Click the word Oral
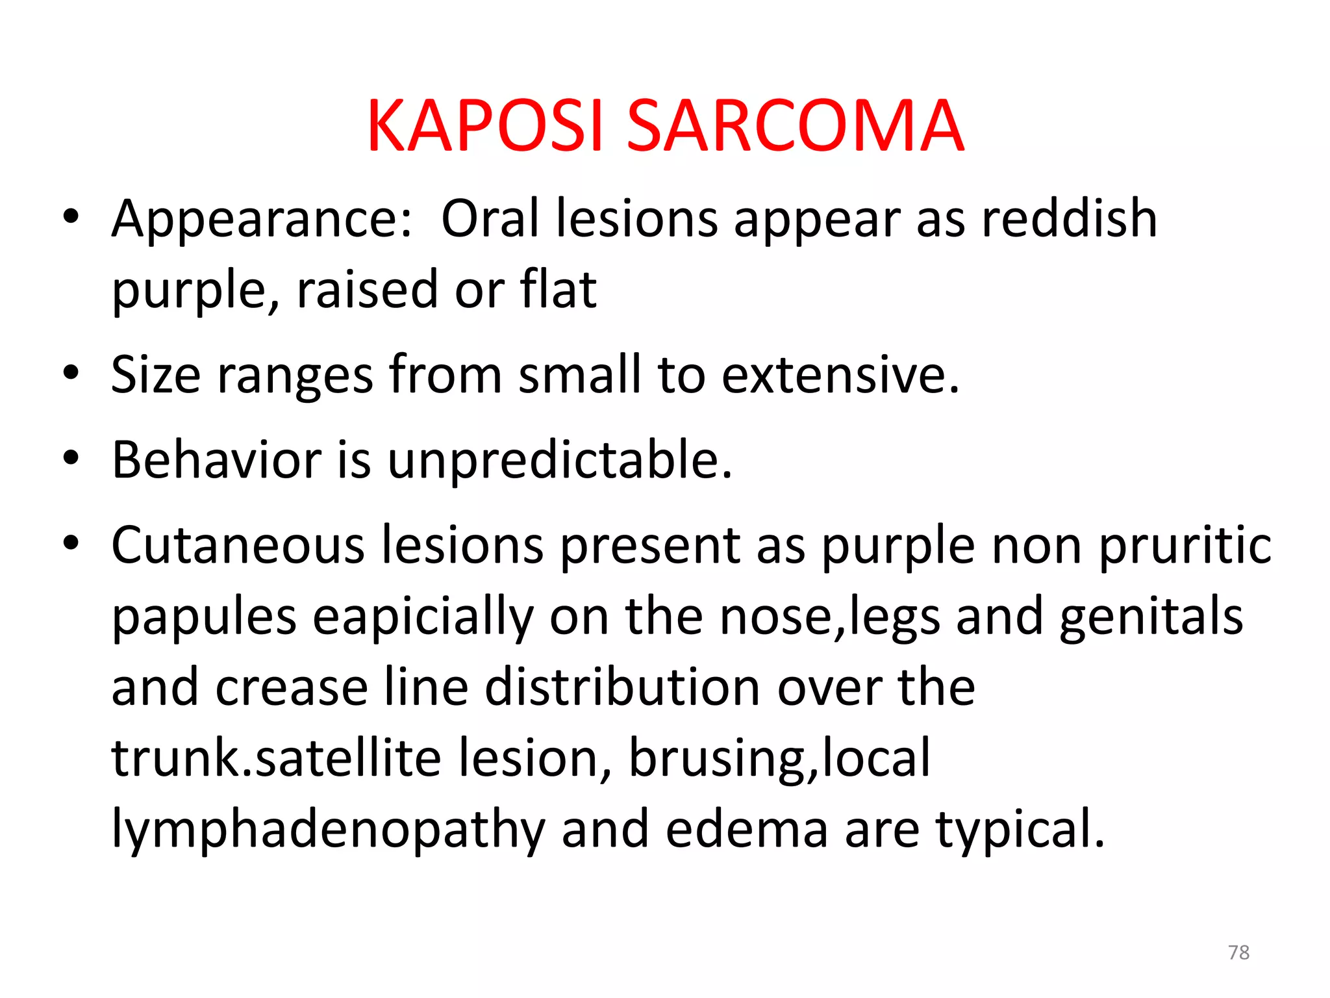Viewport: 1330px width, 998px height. (x=490, y=218)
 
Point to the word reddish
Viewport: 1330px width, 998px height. (x=1069, y=218)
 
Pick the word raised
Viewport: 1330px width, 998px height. (x=368, y=290)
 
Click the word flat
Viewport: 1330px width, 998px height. (x=558, y=290)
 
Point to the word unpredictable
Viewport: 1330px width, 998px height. (x=560, y=461)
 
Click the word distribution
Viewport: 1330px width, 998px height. (x=623, y=687)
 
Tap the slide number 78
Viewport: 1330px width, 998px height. (x=1238, y=953)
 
